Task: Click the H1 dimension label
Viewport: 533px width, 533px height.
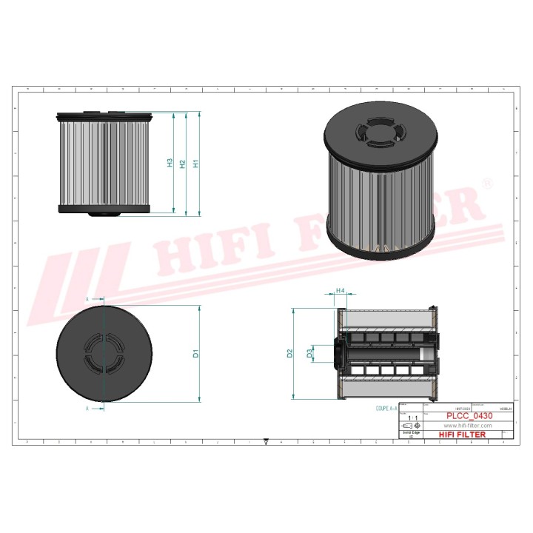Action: click(x=195, y=164)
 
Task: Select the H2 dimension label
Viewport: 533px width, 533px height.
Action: click(x=182, y=164)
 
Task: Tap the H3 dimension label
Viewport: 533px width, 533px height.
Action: click(x=170, y=163)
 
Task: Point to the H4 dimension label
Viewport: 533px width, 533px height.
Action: click(x=341, y=291)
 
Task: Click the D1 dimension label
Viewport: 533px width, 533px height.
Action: click(x=195, y=354)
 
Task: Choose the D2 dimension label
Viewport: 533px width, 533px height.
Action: click(x=290, y=354)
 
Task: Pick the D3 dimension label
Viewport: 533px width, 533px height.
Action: click(x=311, y=354)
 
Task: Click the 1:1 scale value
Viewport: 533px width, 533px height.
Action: click(x=412, y=418)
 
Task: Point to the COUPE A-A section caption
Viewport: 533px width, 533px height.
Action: click(x=386, y=408)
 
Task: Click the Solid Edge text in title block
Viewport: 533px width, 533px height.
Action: click(x=411, y=432)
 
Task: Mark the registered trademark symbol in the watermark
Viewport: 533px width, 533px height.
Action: click(x=486, y=182)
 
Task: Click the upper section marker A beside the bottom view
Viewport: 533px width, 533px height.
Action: click(x=87, y=298)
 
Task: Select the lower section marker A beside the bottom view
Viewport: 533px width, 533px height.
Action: click(x=87, y=408)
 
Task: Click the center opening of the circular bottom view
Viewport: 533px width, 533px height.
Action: click(x=104, y=353)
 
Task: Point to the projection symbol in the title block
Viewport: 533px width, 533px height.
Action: click(x=411, y=426)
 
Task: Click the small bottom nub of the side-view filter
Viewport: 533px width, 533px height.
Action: click(x=104, y=215)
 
